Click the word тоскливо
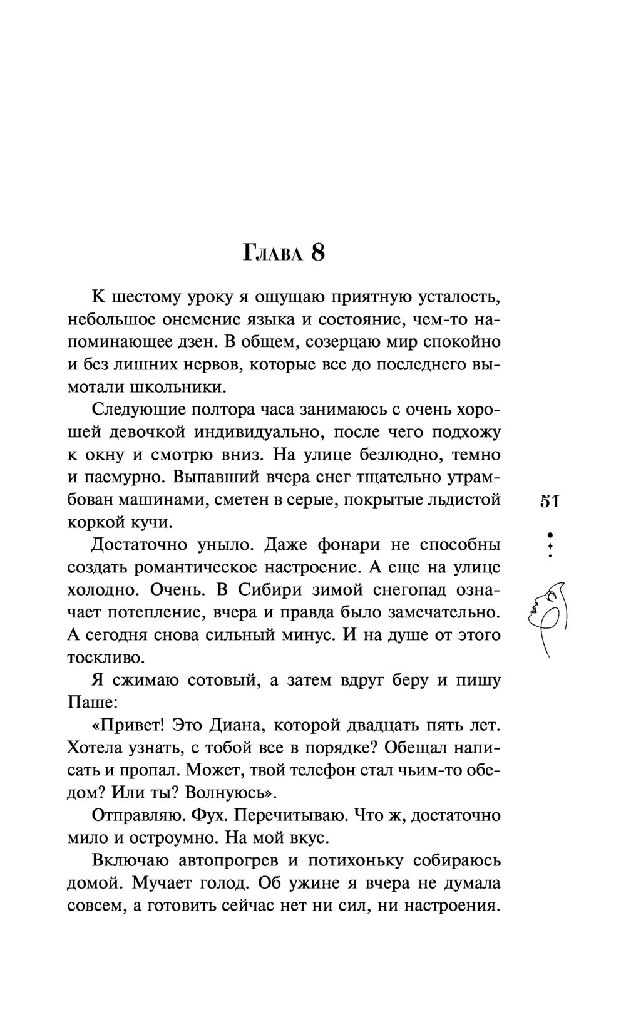[105, 658]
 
